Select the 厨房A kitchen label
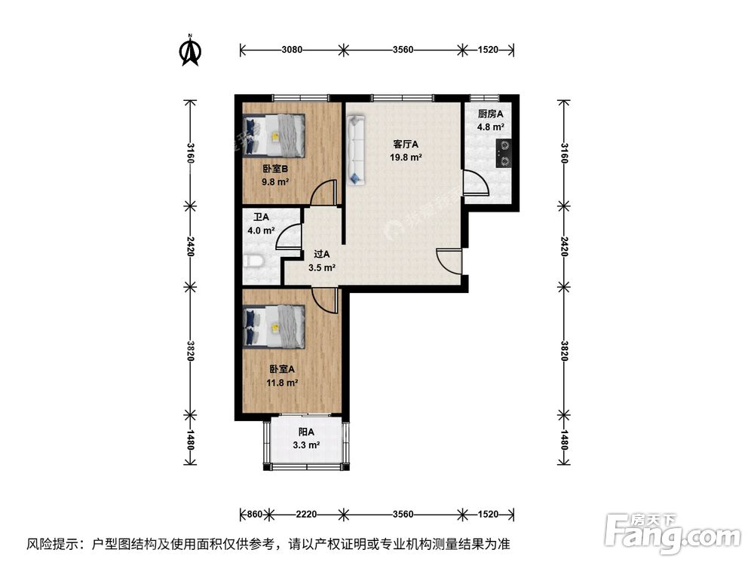pos(490,114)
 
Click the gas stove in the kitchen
pos(501,153)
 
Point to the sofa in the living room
pos(356,149)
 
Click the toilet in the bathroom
pos(255,263)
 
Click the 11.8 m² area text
pos(281,383)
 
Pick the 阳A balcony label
pos(306,432)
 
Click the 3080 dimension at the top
pos(292,50)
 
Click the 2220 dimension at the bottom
pos(305,515)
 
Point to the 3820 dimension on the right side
pos(562,350)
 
